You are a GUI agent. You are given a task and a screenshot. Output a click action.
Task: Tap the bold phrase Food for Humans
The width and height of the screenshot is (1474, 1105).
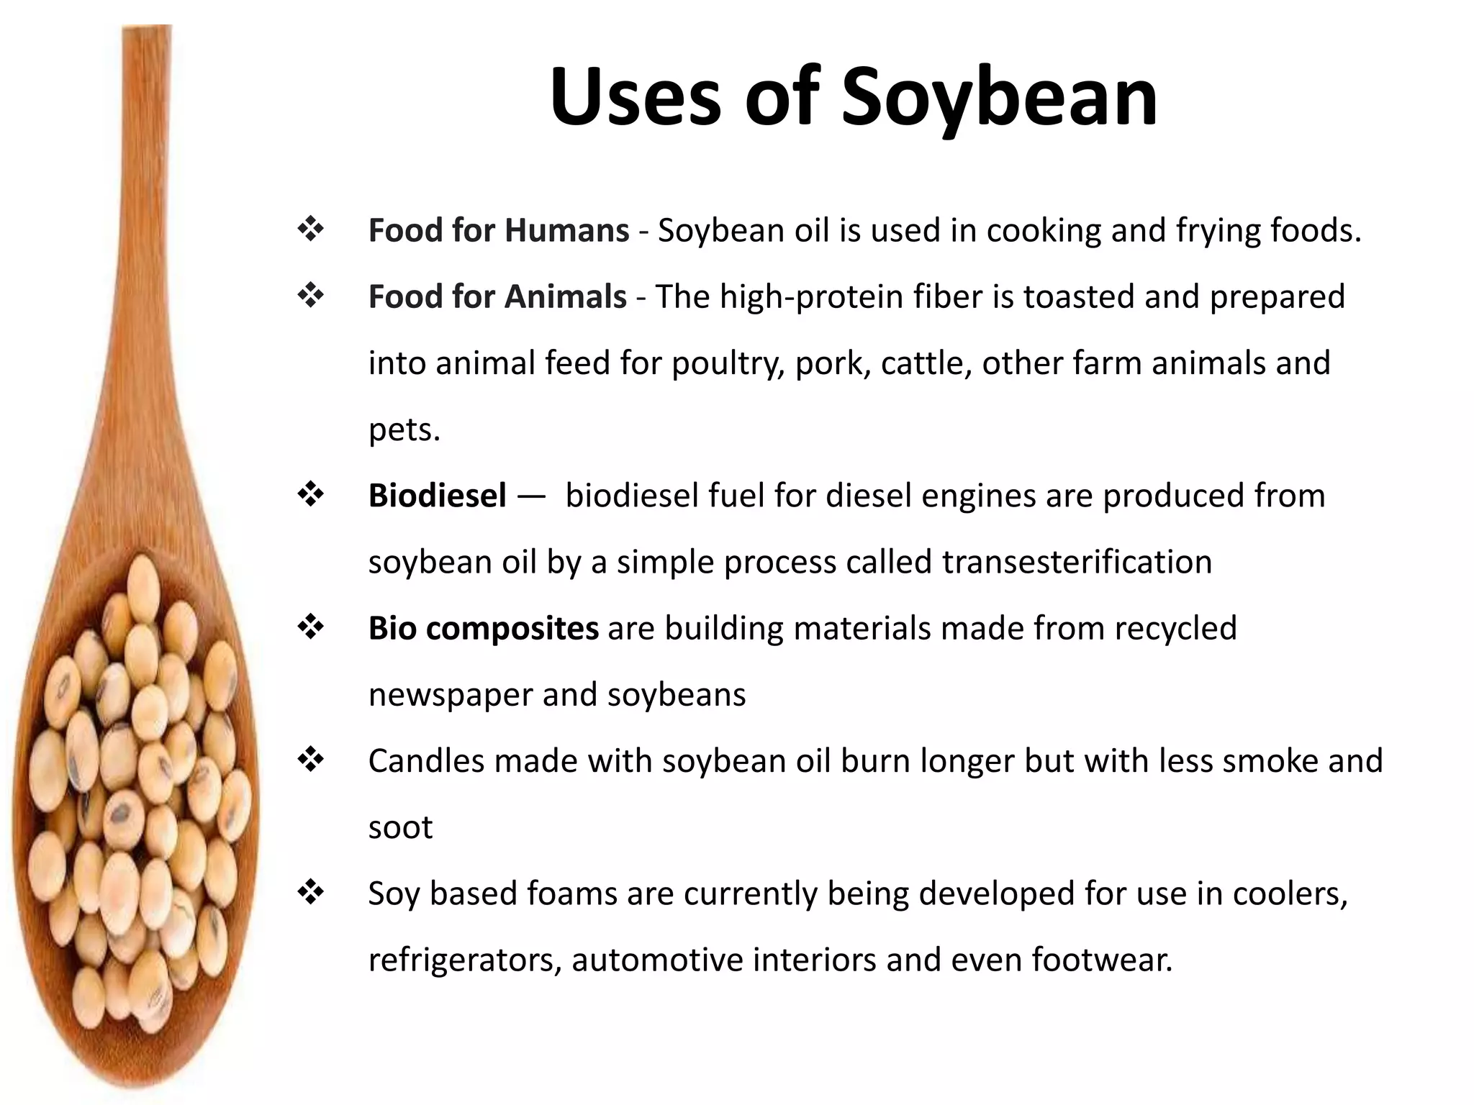tap(498, 231)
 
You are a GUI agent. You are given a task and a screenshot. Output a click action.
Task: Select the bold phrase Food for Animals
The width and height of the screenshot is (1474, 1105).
tap(497, 297)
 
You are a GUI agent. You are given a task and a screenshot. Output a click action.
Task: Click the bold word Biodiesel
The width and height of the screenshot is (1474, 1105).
tap(437, 496)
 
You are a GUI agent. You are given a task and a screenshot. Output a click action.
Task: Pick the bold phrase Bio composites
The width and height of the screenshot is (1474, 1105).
tap(483, 628)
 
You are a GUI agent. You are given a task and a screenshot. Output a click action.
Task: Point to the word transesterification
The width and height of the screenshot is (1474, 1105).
tap(1077, 562)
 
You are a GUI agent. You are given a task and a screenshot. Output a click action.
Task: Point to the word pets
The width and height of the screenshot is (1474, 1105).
tap(403, 430)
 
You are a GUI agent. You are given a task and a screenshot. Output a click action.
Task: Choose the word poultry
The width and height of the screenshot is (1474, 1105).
tap(728, 363)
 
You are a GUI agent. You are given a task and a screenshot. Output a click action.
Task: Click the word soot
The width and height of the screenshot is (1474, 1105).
tap(400, 827)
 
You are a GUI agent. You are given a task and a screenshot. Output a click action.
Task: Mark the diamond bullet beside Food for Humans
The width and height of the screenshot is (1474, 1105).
tap(311, 230)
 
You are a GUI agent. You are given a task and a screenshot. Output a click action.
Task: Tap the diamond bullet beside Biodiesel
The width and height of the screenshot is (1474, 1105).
tap(311, 495)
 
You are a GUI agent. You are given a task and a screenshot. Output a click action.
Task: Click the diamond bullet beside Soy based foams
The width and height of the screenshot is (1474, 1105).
tap(311, 893)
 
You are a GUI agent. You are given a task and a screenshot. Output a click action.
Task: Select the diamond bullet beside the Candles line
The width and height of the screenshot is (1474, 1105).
tap(311, 760)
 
